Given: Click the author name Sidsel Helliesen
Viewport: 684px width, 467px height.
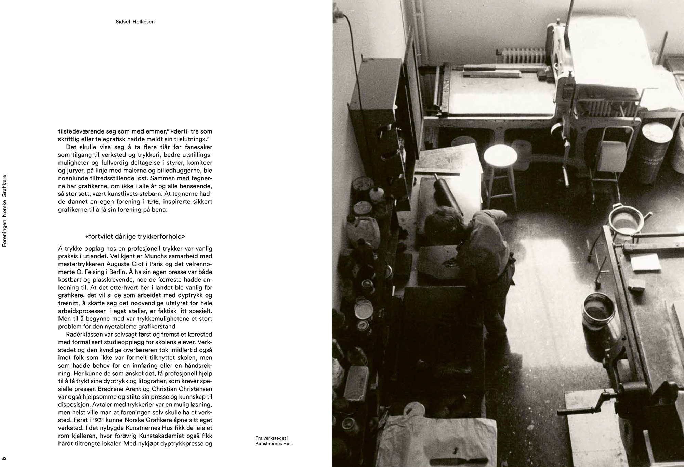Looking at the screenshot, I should click(x=135, y=22).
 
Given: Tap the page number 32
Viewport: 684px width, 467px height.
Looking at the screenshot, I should click(x=4, y=458).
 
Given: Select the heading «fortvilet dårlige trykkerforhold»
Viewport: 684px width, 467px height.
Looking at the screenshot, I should click(x=135, y=236).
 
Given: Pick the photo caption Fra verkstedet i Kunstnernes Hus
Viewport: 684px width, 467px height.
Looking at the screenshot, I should click(x=274, y=441).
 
